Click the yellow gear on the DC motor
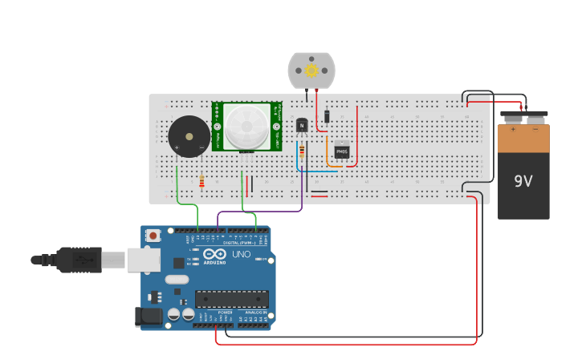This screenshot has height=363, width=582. (311, 71)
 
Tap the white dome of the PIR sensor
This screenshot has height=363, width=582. (246, 126)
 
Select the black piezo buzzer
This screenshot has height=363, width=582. (189, 136)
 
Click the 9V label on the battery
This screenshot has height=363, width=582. (523, 181)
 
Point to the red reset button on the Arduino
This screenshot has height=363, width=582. (153, 236)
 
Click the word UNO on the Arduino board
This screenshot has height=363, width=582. (242, 255)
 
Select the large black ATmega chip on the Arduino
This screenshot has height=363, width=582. (232, 299)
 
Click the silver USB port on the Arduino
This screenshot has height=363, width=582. (143, 260)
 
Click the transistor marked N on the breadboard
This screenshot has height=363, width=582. (302, 125)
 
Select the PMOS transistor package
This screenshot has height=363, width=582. (342, 151)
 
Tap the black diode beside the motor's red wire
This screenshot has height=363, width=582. (328, 118)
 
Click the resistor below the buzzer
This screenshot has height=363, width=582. (201, 182)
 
